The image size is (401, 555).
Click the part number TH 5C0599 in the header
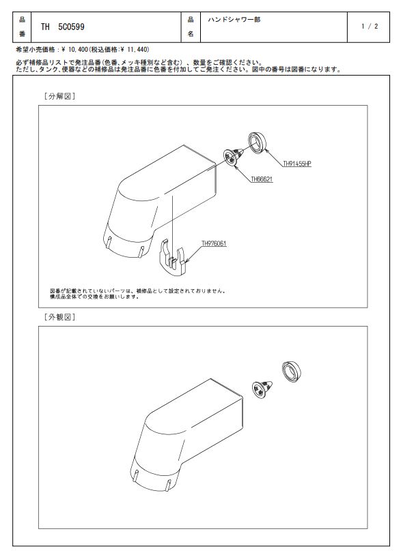tap(62, 27)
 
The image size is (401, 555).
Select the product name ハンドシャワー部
tap(234, 20)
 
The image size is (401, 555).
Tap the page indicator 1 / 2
tap(370, 26)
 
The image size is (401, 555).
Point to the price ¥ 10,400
tap(74, 49)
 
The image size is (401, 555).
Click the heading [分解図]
tap(59, 96)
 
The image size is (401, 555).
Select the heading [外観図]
tap(59, 317)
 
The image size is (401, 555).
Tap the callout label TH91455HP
tap(297, 164)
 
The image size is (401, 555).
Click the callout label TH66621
tap(262, 179)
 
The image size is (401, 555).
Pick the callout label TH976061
tap(214, 243)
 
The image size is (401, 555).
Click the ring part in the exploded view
tap(257, 142)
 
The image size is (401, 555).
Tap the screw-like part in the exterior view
tap(262, 390)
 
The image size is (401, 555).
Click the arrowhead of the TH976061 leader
tap(184, 262)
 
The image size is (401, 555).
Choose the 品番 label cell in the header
tap(22, 27)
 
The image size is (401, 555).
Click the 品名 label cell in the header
tap(191, 27)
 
